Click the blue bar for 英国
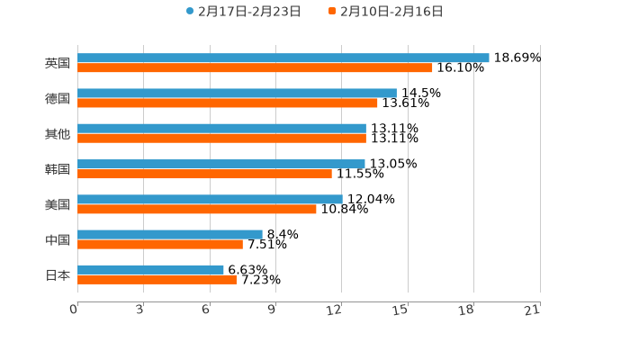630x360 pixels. [x=283, y=58]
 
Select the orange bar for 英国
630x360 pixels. [x=255, y=67]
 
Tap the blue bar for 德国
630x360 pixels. [x=237, y=93]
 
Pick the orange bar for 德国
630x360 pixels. [x=228, y=103]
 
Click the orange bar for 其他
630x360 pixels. [x=221, y=139]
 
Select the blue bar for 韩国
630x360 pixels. [x=221, y=164]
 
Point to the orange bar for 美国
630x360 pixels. [x=197, y=209]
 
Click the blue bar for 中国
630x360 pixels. [x=170, y=234]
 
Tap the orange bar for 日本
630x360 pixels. [x=157, y=279]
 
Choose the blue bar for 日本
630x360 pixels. [x=150, y=269]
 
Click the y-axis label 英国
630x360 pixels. [x=58, y=63]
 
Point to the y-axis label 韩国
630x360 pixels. [x=58, y=169]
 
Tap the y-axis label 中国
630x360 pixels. [x=58, y=239]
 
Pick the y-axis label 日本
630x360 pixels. [x=58, y=274]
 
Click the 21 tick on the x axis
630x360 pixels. [x=533, y=310]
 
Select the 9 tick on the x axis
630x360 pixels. [x=272, y=310]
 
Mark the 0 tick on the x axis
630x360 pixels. [x=74, y=310]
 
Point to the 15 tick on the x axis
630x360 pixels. [x=400, y=310]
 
